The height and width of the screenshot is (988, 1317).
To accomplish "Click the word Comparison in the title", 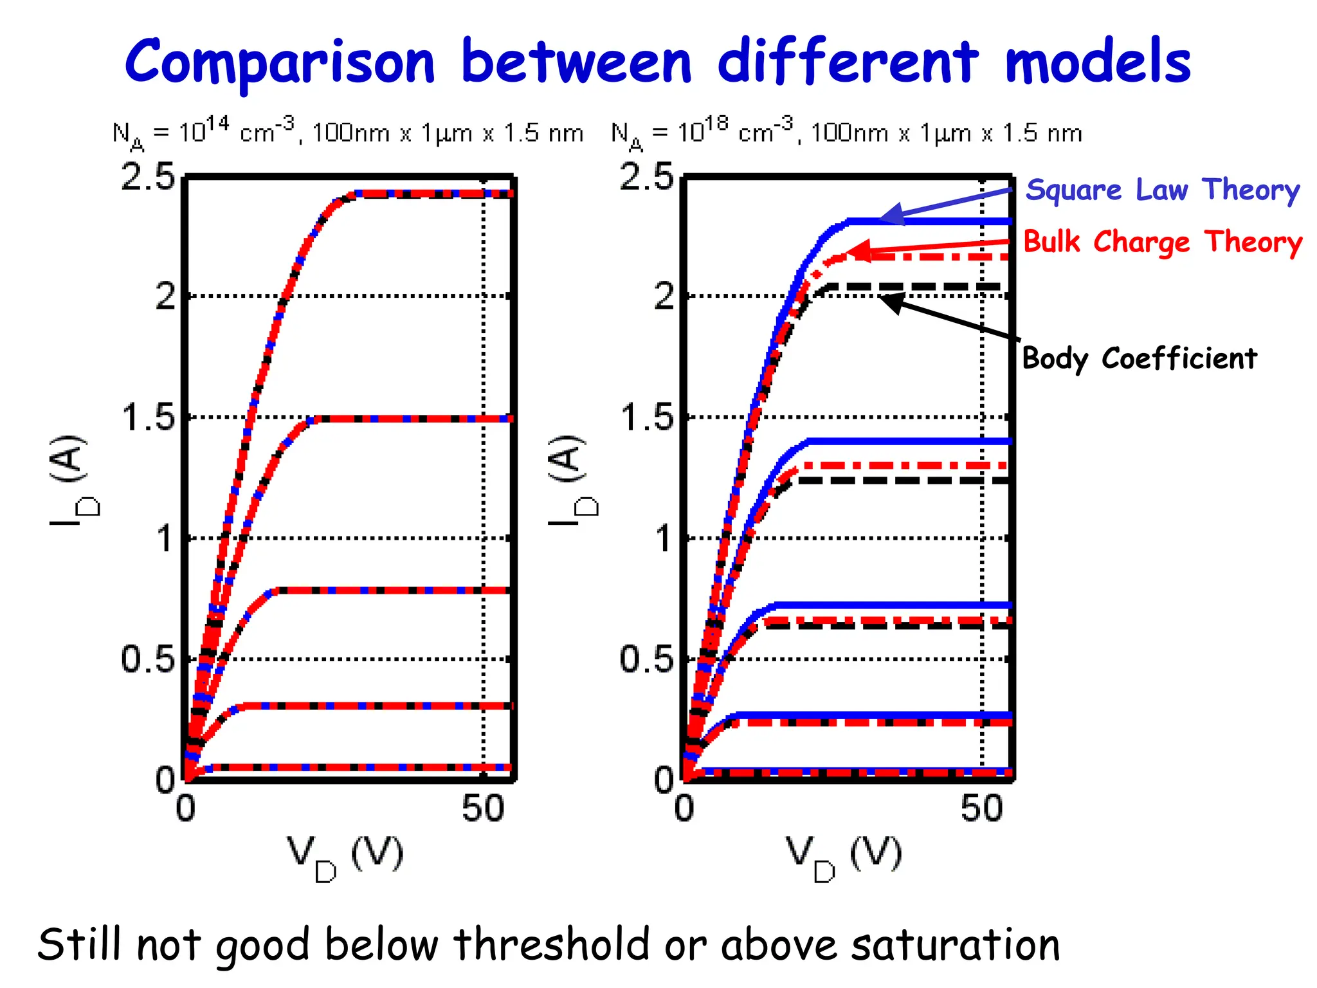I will pyautogui.click(x=280, y=62).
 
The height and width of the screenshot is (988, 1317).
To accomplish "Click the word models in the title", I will pyautogui.click(x=1097, y=62).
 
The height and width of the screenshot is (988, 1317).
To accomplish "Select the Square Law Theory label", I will pyautogui.click(x=1162, y=190).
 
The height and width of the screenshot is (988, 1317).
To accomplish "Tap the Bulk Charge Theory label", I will pyautogui.click(x=1162, y=242).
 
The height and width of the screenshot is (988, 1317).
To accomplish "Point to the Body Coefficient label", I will pyautogui.click(x=1139, y=358).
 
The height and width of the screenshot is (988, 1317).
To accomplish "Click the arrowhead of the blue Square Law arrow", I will pyautogui.click(x=891, y=215).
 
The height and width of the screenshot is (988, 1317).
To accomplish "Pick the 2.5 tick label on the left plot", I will pyautogui.click(x=148, y=176).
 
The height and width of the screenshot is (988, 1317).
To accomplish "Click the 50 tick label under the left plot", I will pyautogui.click(x=483, y=809).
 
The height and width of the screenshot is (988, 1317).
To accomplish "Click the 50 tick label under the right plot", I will pyautogui.click(x=981, y=809).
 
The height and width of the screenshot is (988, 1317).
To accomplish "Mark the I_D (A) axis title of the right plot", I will pyautogui.click(x=572, y=479).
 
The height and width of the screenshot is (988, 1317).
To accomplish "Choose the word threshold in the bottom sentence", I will pyautogui.click(x=552, y=945).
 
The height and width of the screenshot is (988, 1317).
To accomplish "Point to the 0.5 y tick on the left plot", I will pyautogui.click(x=148, y=659).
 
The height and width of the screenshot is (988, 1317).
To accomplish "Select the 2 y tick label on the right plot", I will pyautogui.click(x=664, y=297).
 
